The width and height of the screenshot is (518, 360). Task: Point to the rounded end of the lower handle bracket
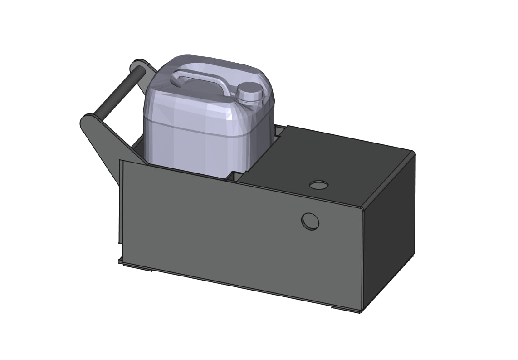pos(87,121)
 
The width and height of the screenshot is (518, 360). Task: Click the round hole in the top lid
pos(318,185)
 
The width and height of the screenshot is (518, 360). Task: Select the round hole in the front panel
pos(310,221)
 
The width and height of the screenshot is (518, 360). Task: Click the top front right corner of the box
pos(363,208)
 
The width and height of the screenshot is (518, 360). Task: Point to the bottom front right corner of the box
pos(362,311)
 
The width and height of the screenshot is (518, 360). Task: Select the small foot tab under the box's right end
pos(345,309)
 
